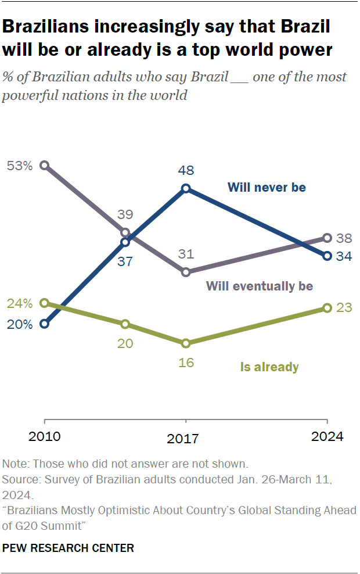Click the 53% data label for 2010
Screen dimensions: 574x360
pyautogui.click(x=19, y=166)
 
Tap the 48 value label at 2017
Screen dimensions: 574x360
pyautogui.click(x=186, y=170)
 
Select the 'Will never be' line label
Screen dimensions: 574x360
pyautogui.click(x=267, y=187)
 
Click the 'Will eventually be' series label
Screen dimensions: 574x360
pyautogui.click(x=259, y=286)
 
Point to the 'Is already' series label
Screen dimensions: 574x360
pyautogui.click(x=269, y=367)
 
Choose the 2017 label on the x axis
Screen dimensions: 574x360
pyautogui.click(x=186, y=439)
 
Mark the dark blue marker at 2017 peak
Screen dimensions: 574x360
pyautogui.click(x=186, y=188)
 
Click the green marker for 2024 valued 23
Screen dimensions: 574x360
pyautogui.click(x=327, y=308)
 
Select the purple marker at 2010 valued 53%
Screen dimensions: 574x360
pyautogui.click(x=45, y=166)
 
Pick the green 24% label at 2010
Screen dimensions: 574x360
pyautogui.click(x=19, y=303)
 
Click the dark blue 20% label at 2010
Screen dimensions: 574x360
pyautogui.click(x=19, y=324)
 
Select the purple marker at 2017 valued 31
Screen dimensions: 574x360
pyautogui.click(x=186, y=272)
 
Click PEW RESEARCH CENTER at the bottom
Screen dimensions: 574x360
pyautogui.click(x=68, y=547)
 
